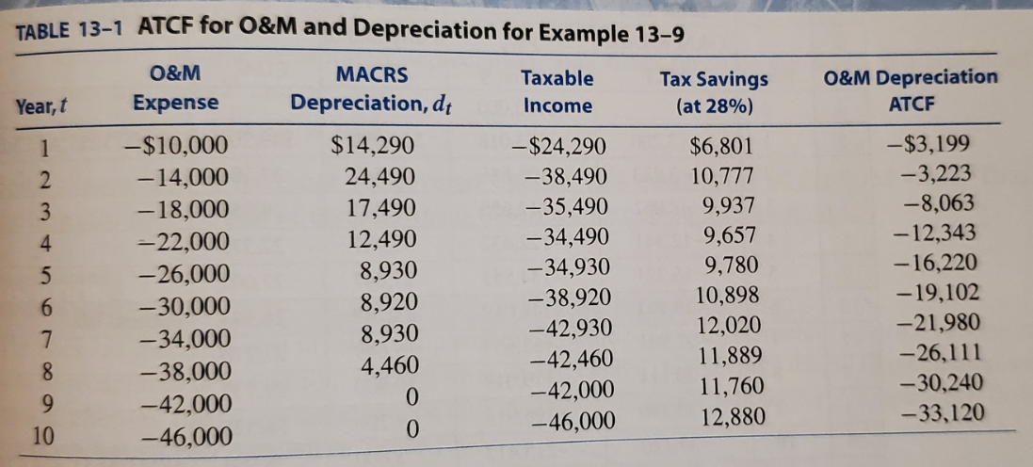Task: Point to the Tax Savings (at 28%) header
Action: click(x=713, y=91)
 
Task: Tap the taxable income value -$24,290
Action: click(x=562, y=148)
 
